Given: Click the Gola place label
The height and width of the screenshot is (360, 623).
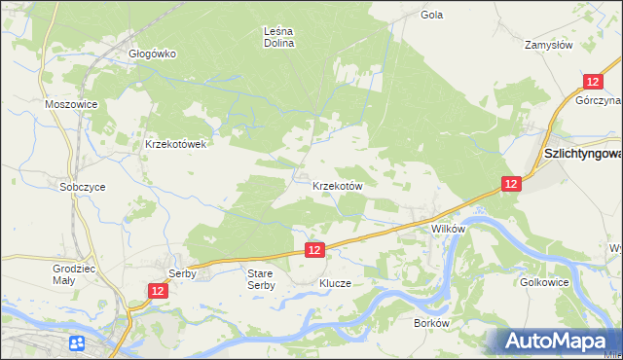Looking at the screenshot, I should click(x=431, y=15).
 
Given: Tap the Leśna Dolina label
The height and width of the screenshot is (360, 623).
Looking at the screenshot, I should click(x=279, y=37).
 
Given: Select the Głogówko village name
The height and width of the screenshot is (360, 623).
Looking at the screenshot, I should click(x=152, y=54).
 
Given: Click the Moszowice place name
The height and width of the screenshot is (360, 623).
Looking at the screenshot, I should click(x=68, y=103).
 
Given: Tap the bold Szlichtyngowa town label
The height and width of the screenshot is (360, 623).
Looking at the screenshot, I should click(x=582, y=155).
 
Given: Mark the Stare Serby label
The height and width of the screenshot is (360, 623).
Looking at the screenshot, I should click(x=261, y=279).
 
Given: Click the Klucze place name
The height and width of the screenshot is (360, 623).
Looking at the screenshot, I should click(x=334, y=283).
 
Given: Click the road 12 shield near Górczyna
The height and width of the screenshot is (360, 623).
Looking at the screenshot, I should click(x=591, y=84).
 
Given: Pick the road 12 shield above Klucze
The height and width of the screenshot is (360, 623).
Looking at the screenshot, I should click(x=313, y=250).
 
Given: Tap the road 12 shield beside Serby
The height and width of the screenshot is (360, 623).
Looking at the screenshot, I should click(x=159, y=291).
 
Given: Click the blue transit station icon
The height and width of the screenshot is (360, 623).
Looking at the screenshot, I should click(x=76, y=342).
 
